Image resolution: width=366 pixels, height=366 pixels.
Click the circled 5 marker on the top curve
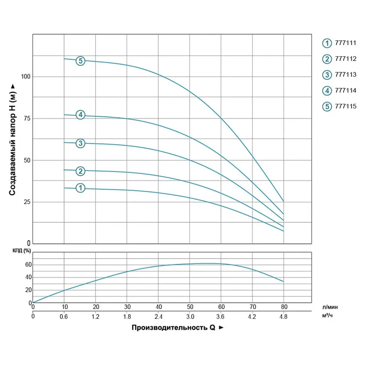[x=81, y=61]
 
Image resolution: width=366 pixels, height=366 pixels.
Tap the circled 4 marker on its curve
[x=81, y=115]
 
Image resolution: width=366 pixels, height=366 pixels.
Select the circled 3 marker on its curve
[x=81, y=144]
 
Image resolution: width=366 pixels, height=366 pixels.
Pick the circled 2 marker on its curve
[x=81, y=171]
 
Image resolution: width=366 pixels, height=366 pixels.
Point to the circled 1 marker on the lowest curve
[x=81, y=188]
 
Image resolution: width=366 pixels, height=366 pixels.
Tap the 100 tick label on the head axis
[x=25, y=76]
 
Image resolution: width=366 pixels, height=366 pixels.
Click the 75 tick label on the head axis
[x=27, y=118]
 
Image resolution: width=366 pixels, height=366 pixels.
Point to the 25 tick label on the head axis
[x=27, y=202]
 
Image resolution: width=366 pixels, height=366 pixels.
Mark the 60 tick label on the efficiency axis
[x=28, y=265]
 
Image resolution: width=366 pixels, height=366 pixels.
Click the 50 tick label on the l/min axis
[x=190, y=307]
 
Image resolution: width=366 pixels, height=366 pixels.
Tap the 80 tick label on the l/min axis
[x=284, y=307]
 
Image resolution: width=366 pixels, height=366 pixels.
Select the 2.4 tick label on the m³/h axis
[x=158, y=316]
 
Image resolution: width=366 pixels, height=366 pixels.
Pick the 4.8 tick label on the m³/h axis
[x=284, y=316]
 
